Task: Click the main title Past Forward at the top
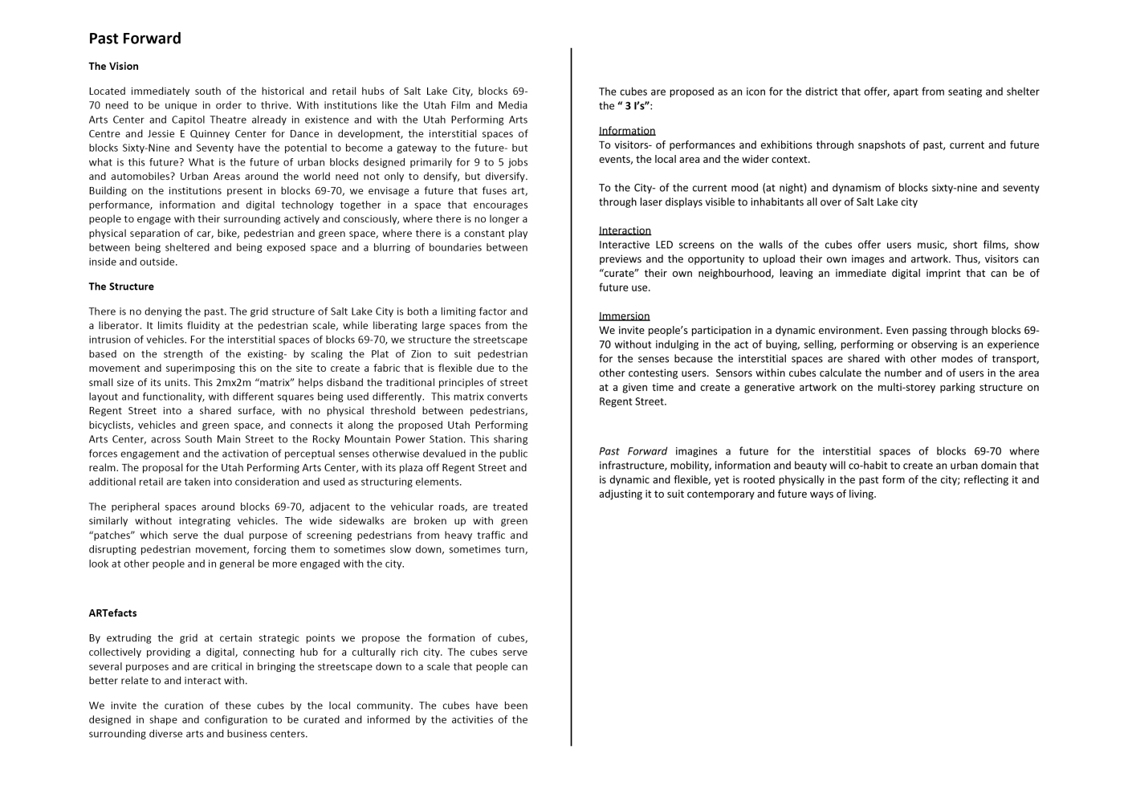tap(135, 39)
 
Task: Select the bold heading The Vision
tap(113, 67)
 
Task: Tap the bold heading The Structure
tap(121, 287)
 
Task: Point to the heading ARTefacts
tap(112, 613)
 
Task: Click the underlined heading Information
tap(627, 131)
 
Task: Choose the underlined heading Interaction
tap(625, 230)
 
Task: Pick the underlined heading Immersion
tap(624, 316)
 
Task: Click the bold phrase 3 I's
tap(635, 106)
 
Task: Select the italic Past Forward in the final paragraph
tap(633, 451)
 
